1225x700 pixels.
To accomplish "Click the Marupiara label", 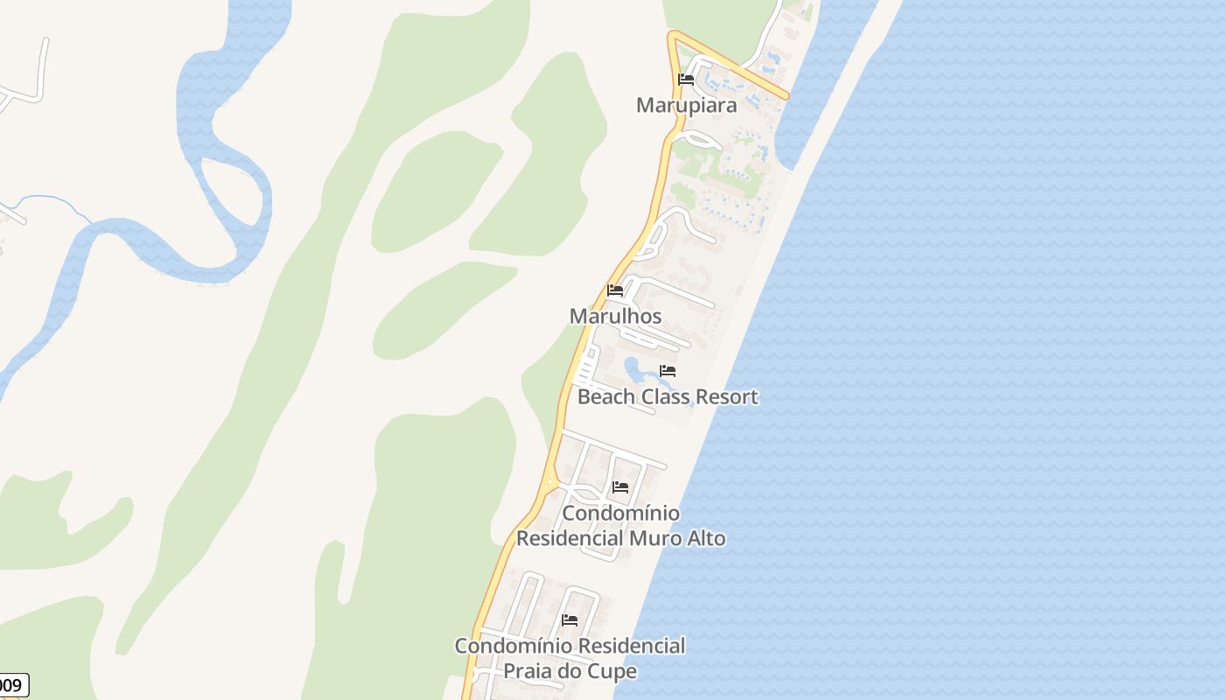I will (686, 105).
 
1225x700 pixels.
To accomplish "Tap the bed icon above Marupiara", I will (686, 80).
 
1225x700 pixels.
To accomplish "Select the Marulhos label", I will (615, 316).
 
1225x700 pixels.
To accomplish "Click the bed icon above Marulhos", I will (615, 290).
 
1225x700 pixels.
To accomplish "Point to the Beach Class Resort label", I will (668, 396).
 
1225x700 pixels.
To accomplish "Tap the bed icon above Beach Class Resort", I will (668, 371).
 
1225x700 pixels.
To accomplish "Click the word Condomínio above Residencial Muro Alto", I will (620, 513).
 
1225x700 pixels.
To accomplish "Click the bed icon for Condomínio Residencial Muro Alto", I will (620, 487).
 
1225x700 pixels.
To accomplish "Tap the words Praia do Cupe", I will (570, 671).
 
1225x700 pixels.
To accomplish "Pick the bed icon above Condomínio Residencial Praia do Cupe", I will (570, 620).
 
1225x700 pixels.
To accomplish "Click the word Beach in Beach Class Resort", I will (606, 396).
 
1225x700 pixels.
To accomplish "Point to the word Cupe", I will (614, 672).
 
